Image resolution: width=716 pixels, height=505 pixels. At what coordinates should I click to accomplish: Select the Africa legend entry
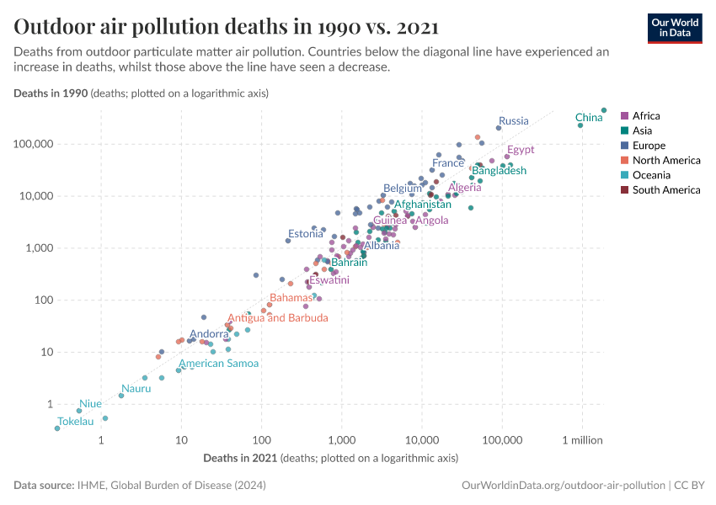point(646,116)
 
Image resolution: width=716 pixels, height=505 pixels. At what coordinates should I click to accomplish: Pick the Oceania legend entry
point(651,175)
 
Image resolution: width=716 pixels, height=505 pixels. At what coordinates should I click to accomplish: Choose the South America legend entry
point(665,190)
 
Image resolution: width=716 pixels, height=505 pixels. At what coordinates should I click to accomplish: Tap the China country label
point(589,118)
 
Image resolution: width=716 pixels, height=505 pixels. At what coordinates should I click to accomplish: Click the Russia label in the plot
point(513,121)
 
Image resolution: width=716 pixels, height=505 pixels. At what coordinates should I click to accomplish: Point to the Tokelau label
point(75,422)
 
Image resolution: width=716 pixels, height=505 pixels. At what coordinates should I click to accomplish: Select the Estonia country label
point(305,234)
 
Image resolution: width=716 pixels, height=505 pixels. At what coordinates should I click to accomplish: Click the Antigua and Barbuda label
point(278,318)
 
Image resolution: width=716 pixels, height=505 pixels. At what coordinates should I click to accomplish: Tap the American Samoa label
point(218,364)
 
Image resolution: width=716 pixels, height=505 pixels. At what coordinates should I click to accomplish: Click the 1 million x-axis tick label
point(582,440)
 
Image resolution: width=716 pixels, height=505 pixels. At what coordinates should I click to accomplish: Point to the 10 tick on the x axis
point(181,440)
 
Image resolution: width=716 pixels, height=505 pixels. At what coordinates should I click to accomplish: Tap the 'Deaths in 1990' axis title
point(51,93)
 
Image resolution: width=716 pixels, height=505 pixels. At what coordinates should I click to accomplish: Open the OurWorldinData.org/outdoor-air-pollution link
point(562,486)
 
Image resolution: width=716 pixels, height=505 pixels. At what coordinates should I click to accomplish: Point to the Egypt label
point(520,151)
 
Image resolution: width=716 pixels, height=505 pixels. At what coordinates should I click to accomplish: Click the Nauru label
point(136,389)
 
